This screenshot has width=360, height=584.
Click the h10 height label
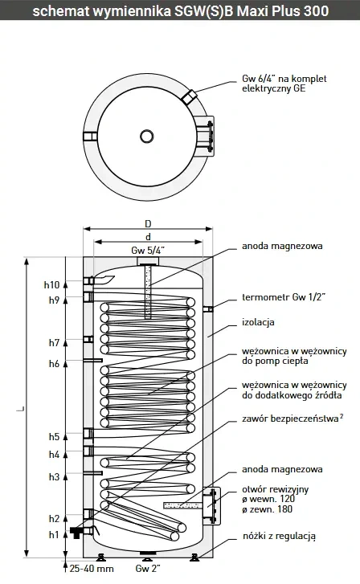(51, 285)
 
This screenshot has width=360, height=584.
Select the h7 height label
(54, 343)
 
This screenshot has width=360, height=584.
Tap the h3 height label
(54, 476)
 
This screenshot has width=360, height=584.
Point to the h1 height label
(54, 535)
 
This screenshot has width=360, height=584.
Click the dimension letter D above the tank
(148, 224)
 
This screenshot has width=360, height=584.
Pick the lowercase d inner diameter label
(148, 237)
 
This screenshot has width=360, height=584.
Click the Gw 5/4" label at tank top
(148, 251)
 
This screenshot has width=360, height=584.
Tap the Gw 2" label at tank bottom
(148, 569)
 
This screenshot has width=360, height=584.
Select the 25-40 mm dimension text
(92, 569)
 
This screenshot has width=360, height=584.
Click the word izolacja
(258, 322)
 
